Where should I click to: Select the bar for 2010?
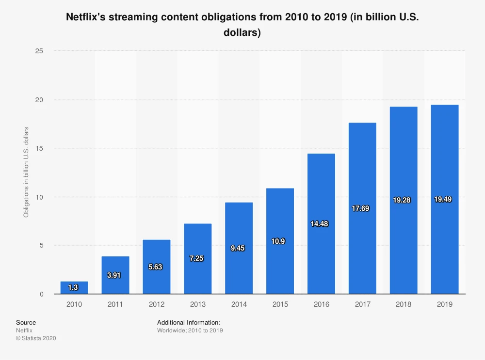point(74,288)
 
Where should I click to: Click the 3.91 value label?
point(114,275)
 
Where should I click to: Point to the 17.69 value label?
point(362,209)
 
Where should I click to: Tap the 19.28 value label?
point(403,200)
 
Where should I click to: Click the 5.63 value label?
point(156,266)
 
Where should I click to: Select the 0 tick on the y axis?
point(42,294)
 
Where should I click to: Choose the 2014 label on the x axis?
point(239,304)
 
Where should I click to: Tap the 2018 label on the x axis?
point(404,304)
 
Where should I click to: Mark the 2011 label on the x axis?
point(115,304)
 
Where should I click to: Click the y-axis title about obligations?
point(26,172)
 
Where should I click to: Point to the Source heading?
point(26,322)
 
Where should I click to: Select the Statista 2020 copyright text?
point(36,338)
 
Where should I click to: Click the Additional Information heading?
point(189,322)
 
